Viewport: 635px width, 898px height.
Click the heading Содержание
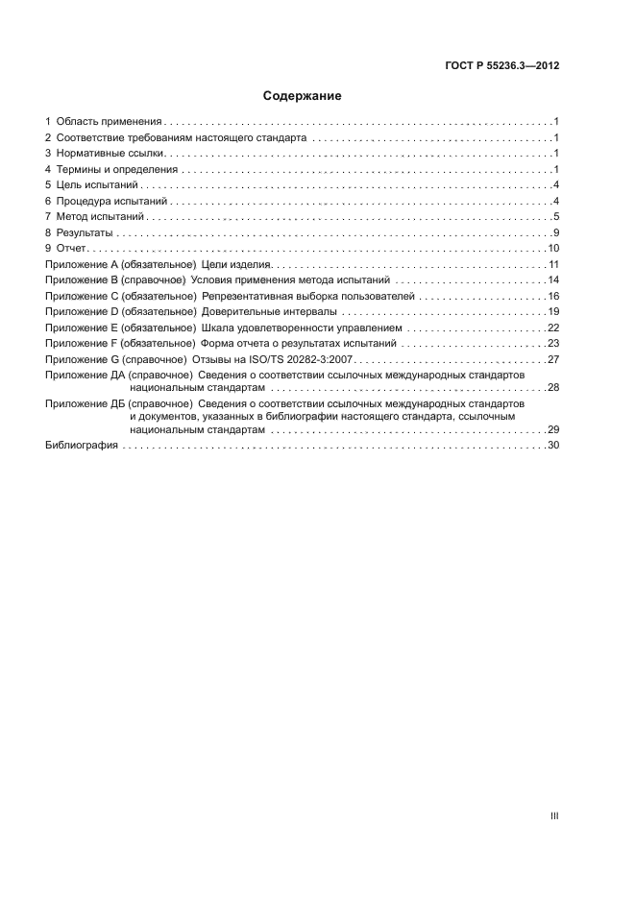pyautogui.click(x=303, y=96)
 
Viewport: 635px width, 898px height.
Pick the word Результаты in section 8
pyautogui.click(x=84, y=232)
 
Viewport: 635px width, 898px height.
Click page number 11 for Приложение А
pyautogui.click(x=554, y=264)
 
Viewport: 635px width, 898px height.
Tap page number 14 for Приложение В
pyautogui.click(x=554, y=279)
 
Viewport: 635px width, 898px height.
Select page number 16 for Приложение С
pyautogui.click(x=554, y=296)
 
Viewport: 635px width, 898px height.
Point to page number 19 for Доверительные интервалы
pyautogui.click(x=554, y=311)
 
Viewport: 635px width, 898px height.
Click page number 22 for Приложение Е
pyautogui.click(x=554, y=328)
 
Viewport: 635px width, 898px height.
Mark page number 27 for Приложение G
pyautogui.click(x=554, y=359)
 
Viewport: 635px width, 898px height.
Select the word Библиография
pyautogui.click(x=82, y=447)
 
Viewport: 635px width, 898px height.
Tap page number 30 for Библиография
pyautogui.click(x=554, y=447)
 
